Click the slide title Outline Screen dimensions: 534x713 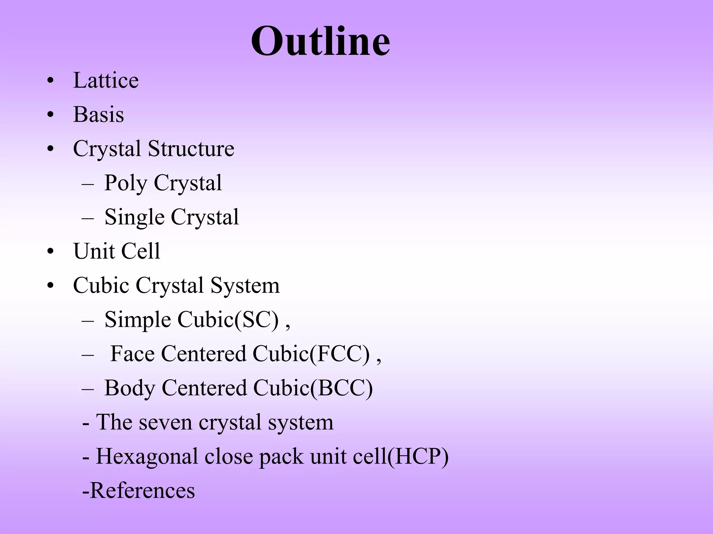[x=320, y=42]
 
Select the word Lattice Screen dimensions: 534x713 [x=106, y=80]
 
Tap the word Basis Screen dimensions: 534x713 [x=99, y=114]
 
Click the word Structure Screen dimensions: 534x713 [x=191, y=148]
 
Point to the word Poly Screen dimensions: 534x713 [x=126, y=183]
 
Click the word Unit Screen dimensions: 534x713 [x=94, y=251]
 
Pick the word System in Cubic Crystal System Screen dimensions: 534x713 [x=245, y=285]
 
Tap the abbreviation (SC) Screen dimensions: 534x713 [x=257, y=319]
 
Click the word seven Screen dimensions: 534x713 [x=165, y=422]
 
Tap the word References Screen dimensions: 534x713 [x=142, y=491]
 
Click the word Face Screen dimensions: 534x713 [x=132, y=354]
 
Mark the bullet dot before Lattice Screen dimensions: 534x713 [x=51, y=81]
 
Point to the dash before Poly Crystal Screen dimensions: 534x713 [x=88, y=183]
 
